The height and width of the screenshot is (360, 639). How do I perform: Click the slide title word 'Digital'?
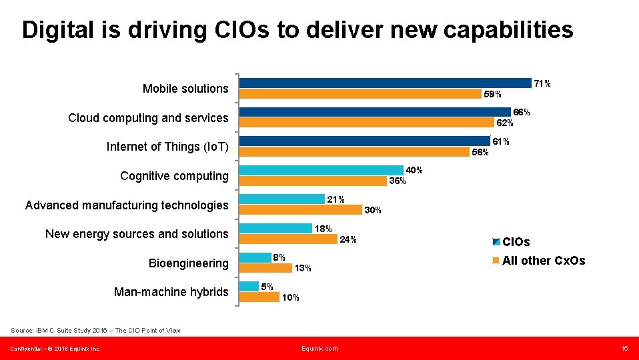click(56, 30)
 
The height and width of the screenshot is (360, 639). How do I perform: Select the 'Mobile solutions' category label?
click(185, 89)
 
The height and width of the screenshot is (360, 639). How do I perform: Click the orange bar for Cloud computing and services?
click(366, 122)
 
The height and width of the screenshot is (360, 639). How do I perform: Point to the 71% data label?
click(542, 84)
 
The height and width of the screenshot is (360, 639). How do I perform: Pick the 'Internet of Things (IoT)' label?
click(167, 147)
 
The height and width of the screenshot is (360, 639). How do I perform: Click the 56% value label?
click(480, 153)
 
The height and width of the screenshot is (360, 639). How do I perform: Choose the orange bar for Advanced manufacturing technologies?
click(300, 209)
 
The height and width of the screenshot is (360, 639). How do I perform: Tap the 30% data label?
click(373, 211)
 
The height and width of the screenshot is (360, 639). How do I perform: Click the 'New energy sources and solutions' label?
click(136, 234)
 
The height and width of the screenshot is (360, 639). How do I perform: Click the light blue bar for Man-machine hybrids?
click(249, 286)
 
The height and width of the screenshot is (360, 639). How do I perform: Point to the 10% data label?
click(291, 298)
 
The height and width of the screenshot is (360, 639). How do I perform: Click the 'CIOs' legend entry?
click(516, 242)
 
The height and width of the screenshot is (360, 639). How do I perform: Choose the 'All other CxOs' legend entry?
click(543, 261)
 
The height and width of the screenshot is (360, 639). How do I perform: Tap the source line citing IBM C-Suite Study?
click(95, 330)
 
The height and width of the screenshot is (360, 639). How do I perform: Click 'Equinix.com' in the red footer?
click(319, 349)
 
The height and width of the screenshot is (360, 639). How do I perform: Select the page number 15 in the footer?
click(624, 349)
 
